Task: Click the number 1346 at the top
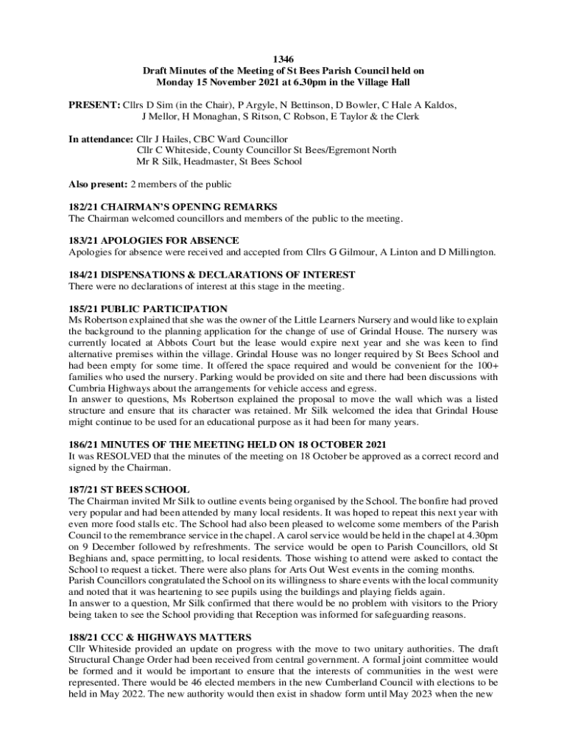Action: [x=283, y=60]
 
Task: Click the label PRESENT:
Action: [x=94, y=105]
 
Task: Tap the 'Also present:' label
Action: [x=98, y=184]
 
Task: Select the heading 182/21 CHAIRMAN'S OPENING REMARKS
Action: [x=172, y=207]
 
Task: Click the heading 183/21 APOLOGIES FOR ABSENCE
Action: [x=153, y=241]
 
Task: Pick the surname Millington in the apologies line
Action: [x=468, y=252]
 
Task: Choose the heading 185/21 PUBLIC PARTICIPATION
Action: [x=148, y=309]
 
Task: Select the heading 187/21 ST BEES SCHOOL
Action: [x=129, y=490]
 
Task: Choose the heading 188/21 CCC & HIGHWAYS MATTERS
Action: [x=160, y=637]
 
